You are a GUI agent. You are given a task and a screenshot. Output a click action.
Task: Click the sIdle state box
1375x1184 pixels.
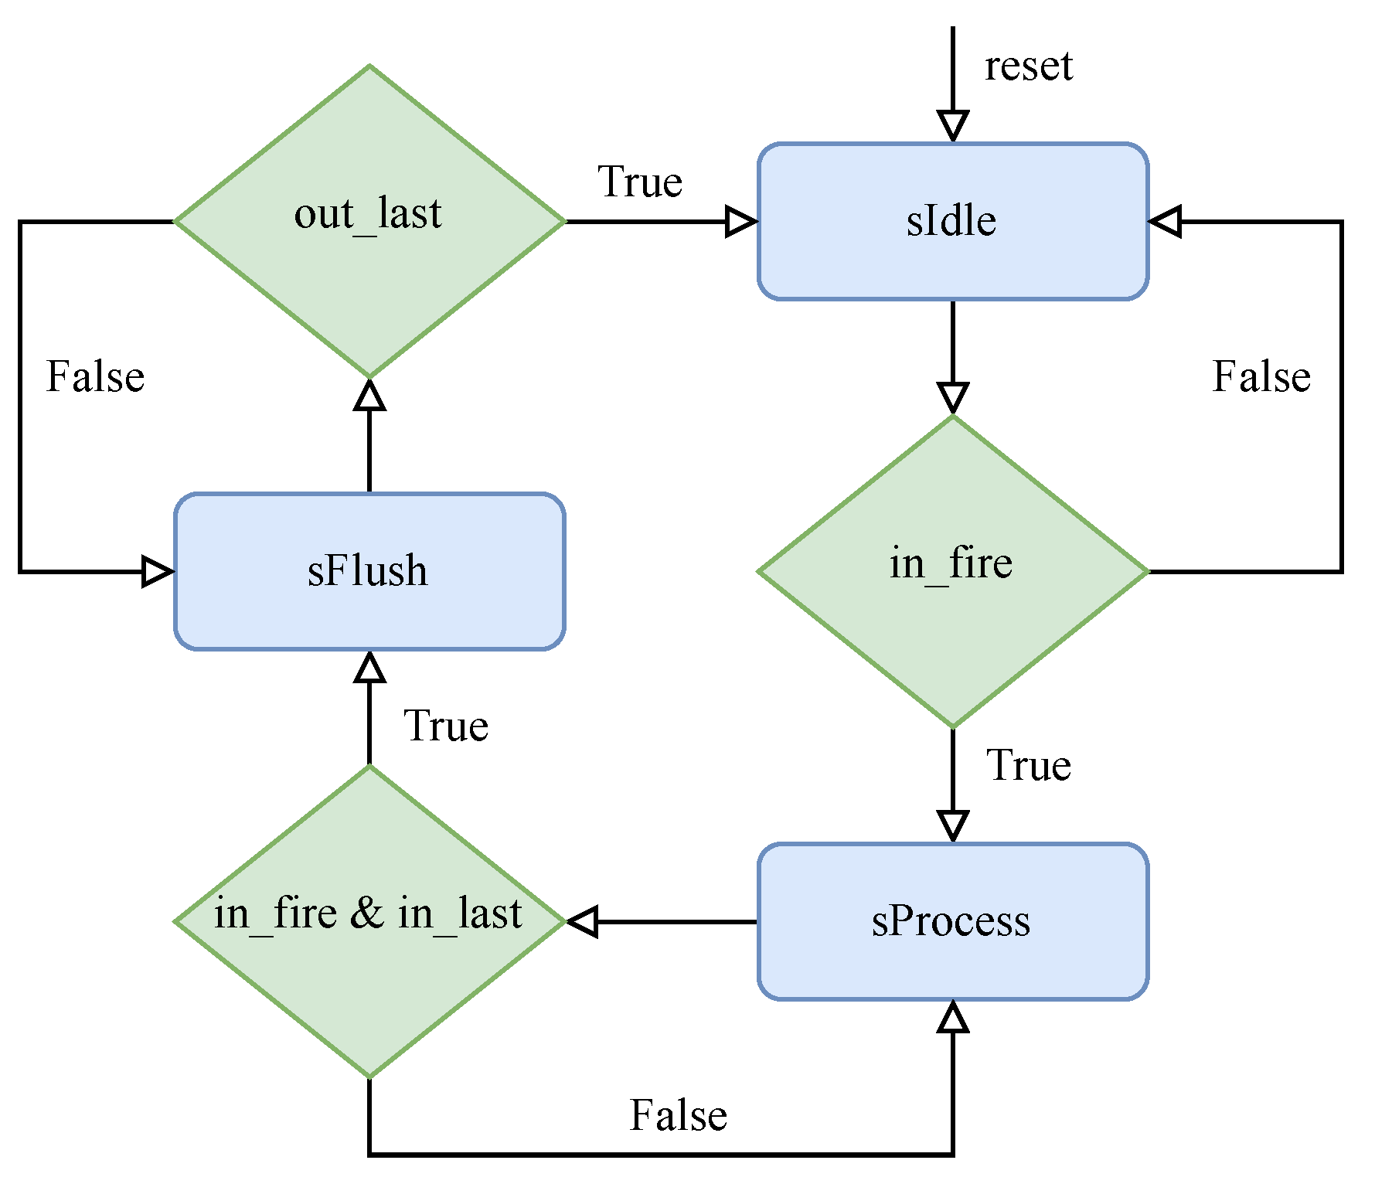pos(952,221)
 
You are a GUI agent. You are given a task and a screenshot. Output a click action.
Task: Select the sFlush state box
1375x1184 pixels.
pos(369,571)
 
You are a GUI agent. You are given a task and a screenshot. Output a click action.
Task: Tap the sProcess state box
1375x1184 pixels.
pos(952,921)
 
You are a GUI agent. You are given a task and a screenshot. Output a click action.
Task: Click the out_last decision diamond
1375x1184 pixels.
pos(369,221)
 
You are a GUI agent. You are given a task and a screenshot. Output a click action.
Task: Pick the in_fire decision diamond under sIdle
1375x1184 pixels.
pos(952,571)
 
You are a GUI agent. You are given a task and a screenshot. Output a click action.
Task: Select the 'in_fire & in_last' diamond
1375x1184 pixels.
pos(369,921)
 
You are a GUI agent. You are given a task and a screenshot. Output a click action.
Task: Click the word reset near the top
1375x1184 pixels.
pos(1028,66)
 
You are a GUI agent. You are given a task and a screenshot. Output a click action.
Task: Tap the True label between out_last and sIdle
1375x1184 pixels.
pos(640,183)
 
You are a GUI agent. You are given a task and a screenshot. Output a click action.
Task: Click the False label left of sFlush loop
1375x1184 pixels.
pos(95,377)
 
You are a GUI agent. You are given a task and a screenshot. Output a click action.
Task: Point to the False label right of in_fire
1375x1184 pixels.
pos(1261,377)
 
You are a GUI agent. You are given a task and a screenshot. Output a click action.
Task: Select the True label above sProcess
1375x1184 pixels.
pos(1028,766)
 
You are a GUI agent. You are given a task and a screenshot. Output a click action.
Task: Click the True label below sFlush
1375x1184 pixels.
pos(446,726)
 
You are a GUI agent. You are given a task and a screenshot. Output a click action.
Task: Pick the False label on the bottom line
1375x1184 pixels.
pos(678,1116)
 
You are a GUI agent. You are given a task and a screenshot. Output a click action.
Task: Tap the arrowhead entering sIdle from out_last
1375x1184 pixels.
pos(740,222)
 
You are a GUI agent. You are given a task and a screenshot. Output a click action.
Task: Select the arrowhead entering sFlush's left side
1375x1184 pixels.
pos(157,572)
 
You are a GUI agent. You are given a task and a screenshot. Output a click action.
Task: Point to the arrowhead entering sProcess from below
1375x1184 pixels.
pos(952,1017)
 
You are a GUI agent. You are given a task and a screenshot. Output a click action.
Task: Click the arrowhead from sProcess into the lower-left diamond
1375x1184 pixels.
pos(584,921)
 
